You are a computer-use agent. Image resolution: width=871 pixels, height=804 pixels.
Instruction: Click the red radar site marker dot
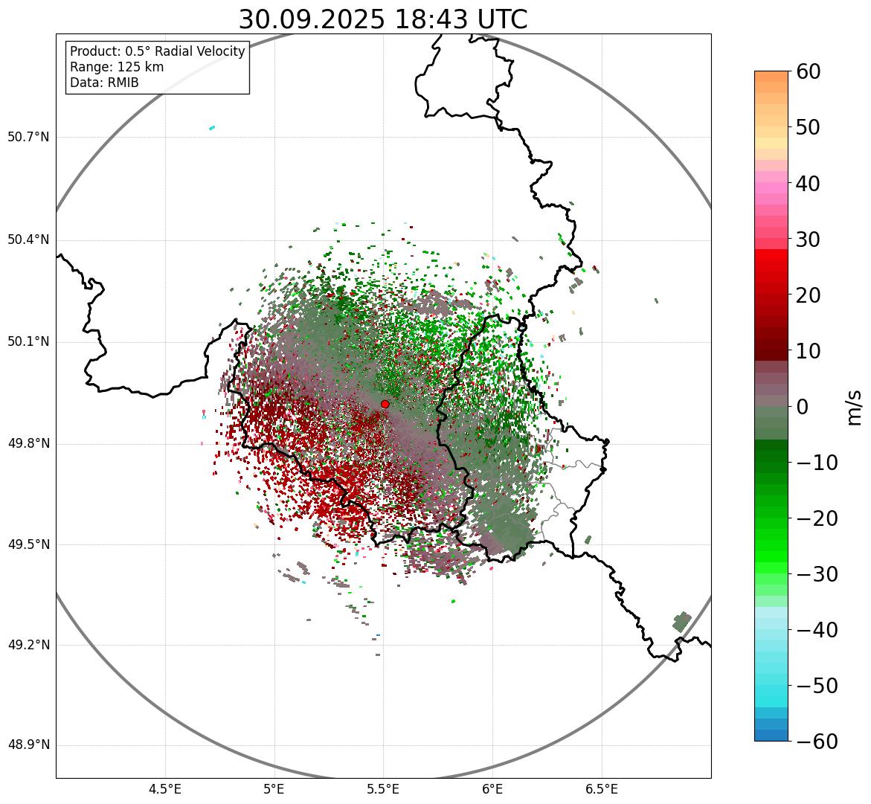[385, 404]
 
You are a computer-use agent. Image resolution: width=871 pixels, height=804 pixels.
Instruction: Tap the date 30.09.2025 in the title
[312, 20]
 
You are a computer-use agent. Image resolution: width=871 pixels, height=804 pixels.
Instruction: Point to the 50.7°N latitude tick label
[28, 138]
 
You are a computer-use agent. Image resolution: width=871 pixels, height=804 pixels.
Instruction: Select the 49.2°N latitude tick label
[28, 645]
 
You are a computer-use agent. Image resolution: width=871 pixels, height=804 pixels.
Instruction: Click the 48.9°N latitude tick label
[28, 745]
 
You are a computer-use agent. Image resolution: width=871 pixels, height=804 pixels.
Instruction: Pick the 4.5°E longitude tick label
[165, 789]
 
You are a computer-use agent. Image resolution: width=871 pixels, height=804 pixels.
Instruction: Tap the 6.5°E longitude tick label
[602, 789]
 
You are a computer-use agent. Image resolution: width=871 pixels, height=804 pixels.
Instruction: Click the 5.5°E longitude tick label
[383, 789]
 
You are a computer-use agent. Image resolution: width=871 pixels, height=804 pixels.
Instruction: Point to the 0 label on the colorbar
[803, 407]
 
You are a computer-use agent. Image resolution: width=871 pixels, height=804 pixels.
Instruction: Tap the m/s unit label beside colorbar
[855, 407]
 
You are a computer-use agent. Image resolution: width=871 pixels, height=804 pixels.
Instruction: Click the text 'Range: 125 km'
[117, 67]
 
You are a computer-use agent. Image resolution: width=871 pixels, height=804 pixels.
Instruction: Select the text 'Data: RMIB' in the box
[104, 83]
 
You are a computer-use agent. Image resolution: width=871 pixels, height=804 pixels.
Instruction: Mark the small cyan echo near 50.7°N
[212, 128]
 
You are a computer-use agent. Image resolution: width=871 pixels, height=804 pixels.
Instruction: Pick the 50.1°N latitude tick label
[28, 342]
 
